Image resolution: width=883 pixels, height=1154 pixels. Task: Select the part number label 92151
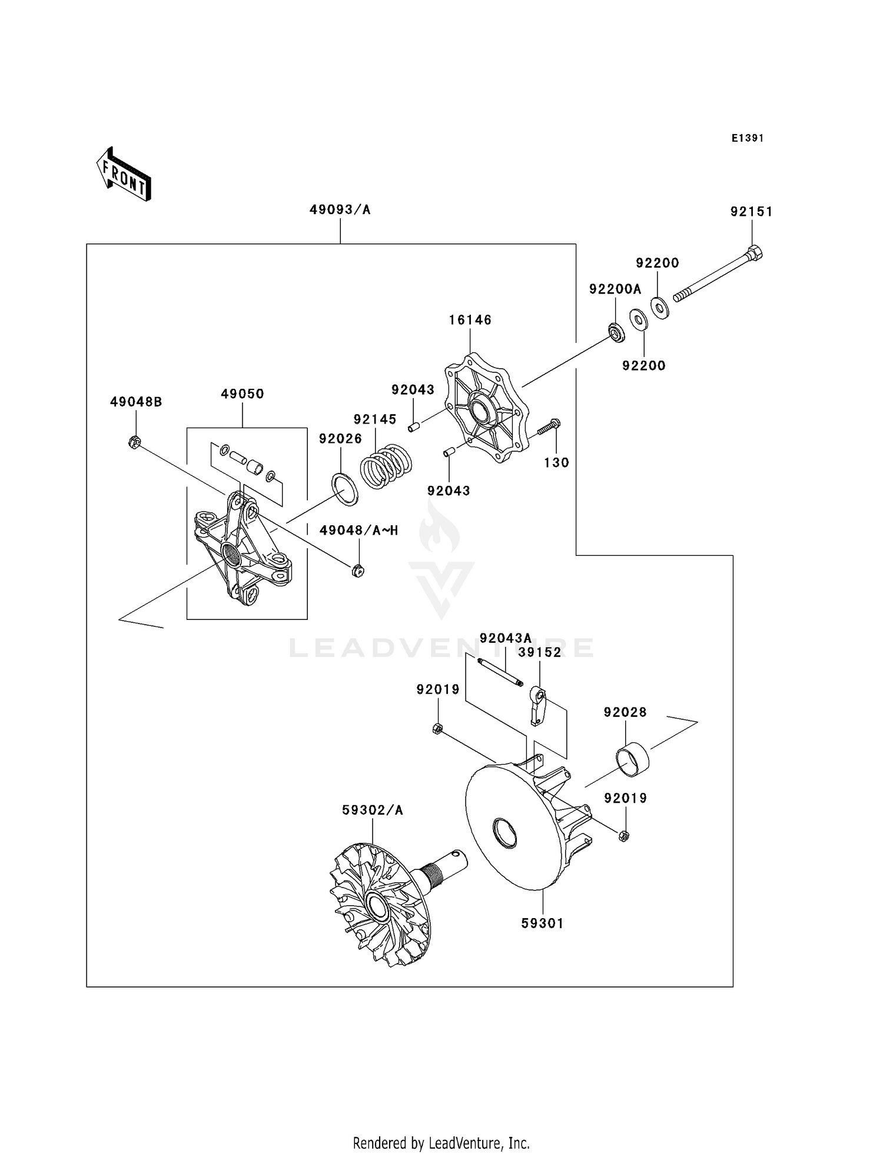point(751,212)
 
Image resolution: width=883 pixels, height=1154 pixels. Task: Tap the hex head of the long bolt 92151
point(755,254)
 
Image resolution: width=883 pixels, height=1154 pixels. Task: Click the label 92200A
point(615,289)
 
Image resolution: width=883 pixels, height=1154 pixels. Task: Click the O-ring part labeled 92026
point(345,489)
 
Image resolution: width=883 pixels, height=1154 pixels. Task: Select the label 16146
point(470,320)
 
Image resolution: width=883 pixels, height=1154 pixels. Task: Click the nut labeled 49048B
point(134,442)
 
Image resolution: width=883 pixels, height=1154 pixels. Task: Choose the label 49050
point(242,394)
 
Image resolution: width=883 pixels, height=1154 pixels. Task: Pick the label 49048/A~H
point(358,531)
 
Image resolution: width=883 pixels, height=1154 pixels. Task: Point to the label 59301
point(542,923)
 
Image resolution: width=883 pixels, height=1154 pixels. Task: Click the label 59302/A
point(372,811)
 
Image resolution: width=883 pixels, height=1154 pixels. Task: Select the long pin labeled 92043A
point(500,673)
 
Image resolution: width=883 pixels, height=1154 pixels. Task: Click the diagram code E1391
point(748,138)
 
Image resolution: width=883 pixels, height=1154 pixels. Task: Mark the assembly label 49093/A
point(340,210)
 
